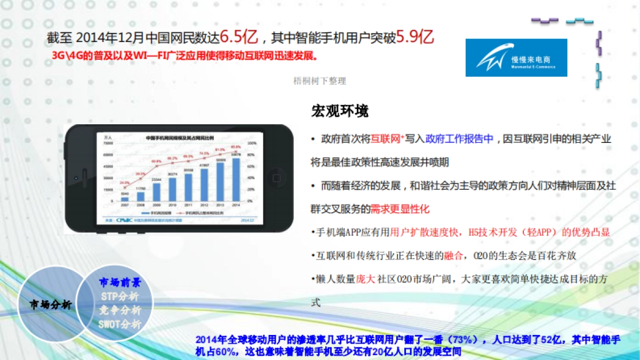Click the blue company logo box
tap(516, 58)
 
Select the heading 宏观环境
tap(340, 111)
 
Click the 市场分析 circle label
tap(51, 305)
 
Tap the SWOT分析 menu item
tap(120, 324)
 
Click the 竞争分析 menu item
tap(120, 310)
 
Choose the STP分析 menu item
tap(119, 297)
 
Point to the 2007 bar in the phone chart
tap(124, 199)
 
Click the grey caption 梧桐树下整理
tap(320, 81)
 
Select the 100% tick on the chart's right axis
tap(252, 143)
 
